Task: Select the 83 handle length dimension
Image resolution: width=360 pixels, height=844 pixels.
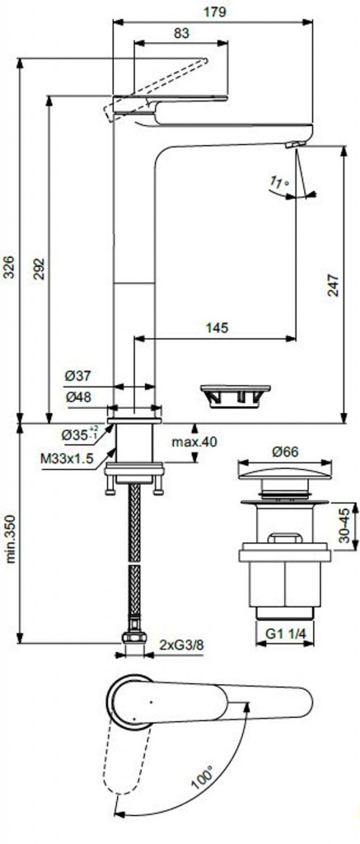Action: click(x=182, y=33)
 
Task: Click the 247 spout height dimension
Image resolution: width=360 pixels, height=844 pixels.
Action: click(x=333, y=286)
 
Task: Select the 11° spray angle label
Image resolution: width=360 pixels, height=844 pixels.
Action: click(x=280, y=182)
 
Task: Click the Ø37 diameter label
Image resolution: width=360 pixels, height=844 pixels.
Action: click(x=78, y=375)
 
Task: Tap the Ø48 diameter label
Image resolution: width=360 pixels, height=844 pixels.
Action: click(x=78, y=396)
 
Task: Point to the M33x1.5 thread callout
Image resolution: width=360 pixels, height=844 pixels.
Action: click(x=67, y=458)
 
